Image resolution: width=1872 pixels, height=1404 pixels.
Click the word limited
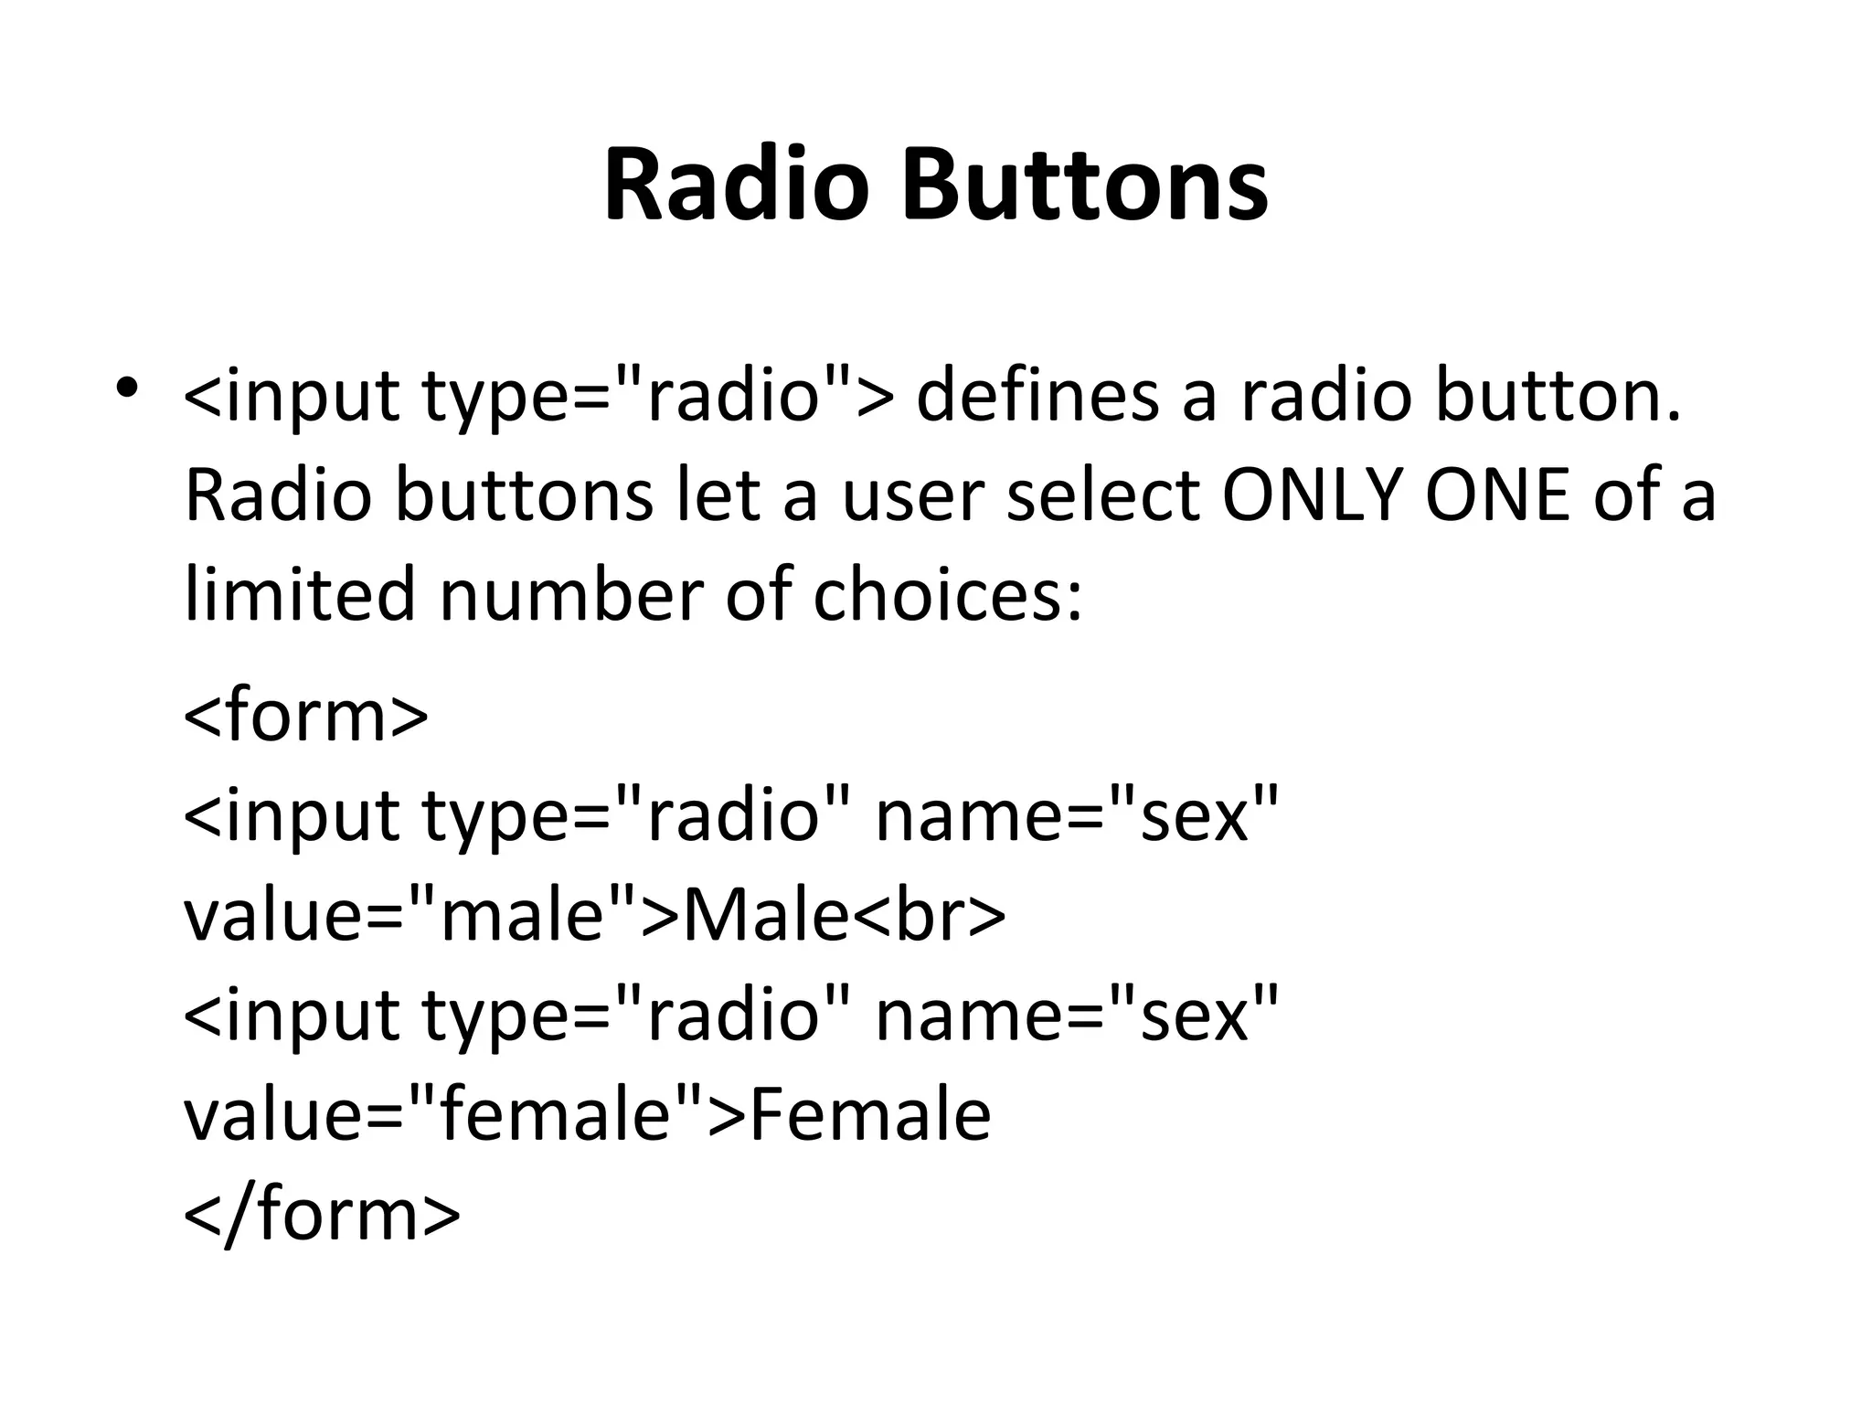point(300,596)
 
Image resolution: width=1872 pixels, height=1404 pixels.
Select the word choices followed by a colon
point(946,596)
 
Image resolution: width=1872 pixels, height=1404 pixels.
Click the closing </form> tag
point(322,1215)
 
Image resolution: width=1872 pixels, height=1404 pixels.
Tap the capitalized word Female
point(871,1115)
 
